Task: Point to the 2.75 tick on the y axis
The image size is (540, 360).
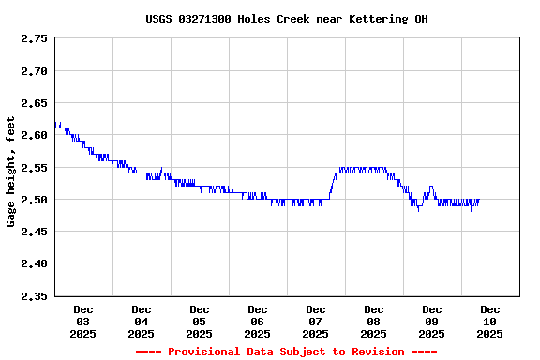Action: [x=34, y=39]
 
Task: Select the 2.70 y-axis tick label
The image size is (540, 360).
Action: [x=34, y=71]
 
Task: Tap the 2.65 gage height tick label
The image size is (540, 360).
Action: [x=34, y=103]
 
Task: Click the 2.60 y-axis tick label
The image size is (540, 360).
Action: [x=34, y=136]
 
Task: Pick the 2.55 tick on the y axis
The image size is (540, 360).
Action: [x=34, y=168]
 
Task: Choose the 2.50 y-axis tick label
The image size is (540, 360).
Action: [x=34, y=200]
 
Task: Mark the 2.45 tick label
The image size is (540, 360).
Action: [x=34, y=232]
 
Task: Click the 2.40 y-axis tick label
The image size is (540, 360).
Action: [x=34, y=264]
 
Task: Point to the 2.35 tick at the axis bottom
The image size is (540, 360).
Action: [x=34, y=296]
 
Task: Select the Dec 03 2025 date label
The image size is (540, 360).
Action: [x=83, y=322]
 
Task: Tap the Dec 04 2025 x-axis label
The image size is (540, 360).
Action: [x=142, y=322]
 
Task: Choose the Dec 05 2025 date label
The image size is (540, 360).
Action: [x=200, y=322]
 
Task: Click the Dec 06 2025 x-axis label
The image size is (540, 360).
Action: [x=258, y=322]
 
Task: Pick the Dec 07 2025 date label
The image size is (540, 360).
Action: [x=316, y=322]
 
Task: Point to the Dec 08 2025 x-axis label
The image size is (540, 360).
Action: [x=374, y=322]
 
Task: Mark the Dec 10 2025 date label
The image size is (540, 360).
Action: [x=490, y=322]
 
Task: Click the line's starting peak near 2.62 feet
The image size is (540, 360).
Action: [x=60, y=123]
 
